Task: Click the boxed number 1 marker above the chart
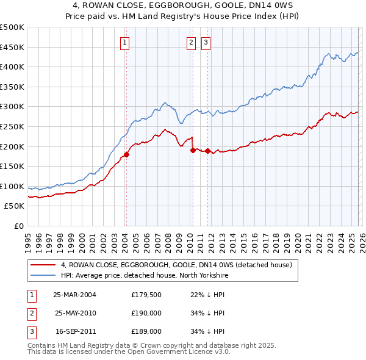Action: (x=125, y=42)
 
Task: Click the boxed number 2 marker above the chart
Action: (x=192, y=42)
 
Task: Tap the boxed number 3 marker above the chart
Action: (x=206, y=42)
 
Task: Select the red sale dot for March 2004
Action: (x=127, y=154)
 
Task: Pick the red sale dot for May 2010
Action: (x=193, y=150)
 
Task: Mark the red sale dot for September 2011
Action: (x=207, y=151)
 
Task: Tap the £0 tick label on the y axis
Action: (x=18, y=226)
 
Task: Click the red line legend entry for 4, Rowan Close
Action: (x=177, y=265)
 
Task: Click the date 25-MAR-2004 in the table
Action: (x=74, y=294)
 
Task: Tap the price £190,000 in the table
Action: (x=146, y=313)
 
